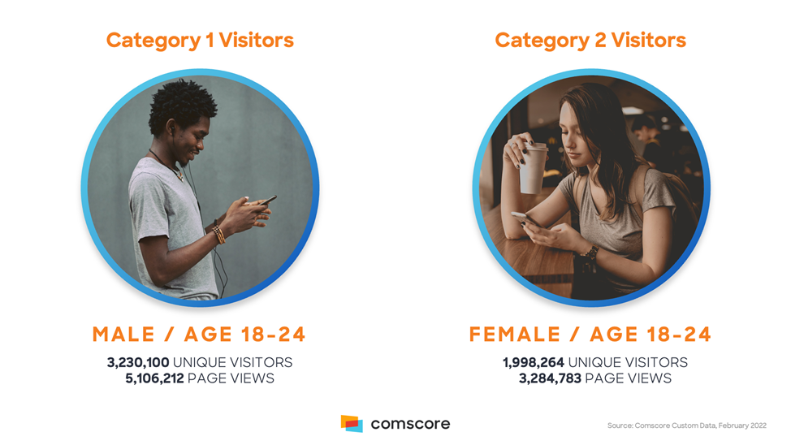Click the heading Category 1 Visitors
[x=200, y=41]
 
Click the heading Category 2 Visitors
[x=590, y=41]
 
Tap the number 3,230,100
[x=138, y=362]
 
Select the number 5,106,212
[x=154, y=378]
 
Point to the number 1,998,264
[x=534, y=362]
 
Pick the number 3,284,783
[x=550, y=378]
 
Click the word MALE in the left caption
[x=123, y=335]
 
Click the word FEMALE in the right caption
[x=515, y=335]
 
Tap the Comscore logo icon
[x=352, y=423]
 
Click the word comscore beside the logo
[x=410, y=424]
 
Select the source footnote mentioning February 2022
[x=686, y=426]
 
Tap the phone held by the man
[x=267, y=201]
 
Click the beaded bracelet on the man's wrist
[x=219, y=235]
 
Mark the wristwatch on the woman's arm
[x=590, y=252]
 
